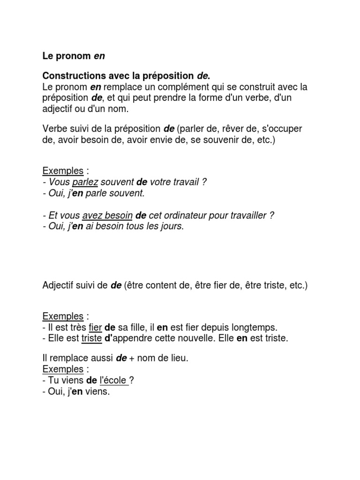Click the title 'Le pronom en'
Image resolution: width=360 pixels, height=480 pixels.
pos(74,56)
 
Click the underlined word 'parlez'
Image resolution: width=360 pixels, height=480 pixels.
pos(85,182)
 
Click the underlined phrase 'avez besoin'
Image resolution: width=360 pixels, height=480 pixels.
pos(107,216)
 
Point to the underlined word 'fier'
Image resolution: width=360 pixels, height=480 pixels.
pos(95,327)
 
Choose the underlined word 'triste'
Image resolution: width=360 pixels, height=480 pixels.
pos(91,338)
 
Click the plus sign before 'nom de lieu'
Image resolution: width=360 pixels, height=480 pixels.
pos(133,359)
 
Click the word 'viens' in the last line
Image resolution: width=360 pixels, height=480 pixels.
pos(97,391)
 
